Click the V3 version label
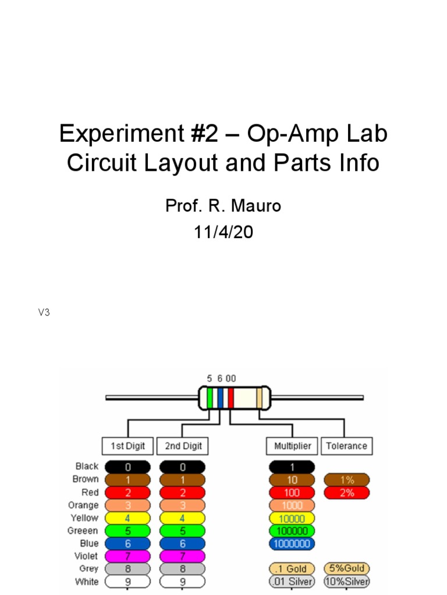44,313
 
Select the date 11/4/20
223,232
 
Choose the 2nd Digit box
183,446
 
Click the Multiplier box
292,446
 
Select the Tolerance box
346,446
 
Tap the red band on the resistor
231,398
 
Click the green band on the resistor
210,398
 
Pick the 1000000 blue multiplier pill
292,544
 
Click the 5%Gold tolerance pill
347,569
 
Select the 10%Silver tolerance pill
347,582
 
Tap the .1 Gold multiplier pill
292,569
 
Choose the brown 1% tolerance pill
347,480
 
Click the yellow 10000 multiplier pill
292,518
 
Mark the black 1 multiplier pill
292,467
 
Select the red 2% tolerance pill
347,493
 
